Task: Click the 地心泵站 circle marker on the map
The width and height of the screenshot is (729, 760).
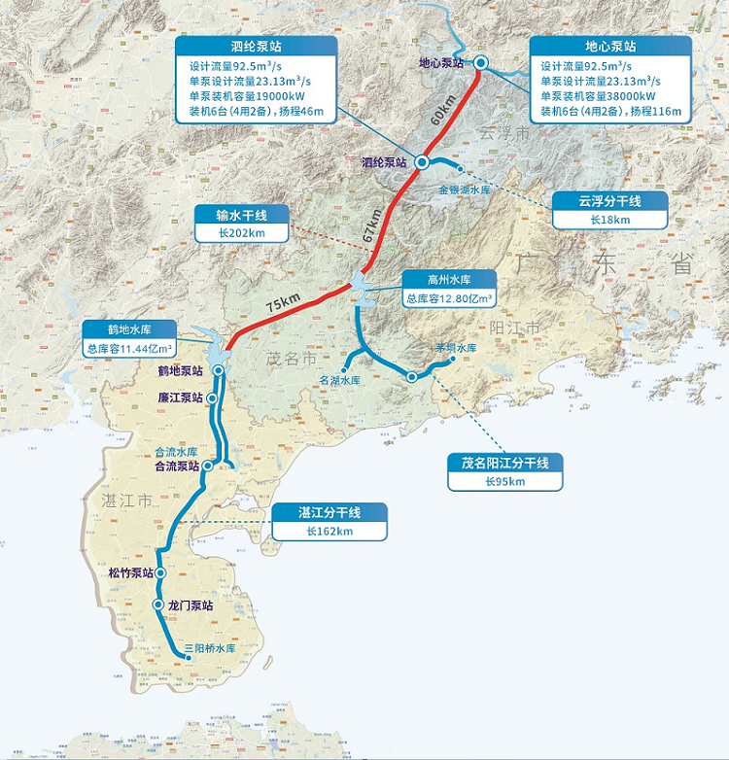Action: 481,62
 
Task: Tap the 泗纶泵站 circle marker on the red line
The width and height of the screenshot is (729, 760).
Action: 423,162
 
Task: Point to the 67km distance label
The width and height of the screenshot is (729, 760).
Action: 373,226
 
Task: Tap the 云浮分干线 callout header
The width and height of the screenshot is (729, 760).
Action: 609,201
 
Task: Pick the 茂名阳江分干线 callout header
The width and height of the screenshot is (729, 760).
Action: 503,463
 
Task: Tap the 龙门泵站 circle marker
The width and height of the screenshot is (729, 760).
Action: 157,605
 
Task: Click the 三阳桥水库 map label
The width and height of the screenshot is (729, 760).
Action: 210,648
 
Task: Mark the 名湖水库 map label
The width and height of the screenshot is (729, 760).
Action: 339,380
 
